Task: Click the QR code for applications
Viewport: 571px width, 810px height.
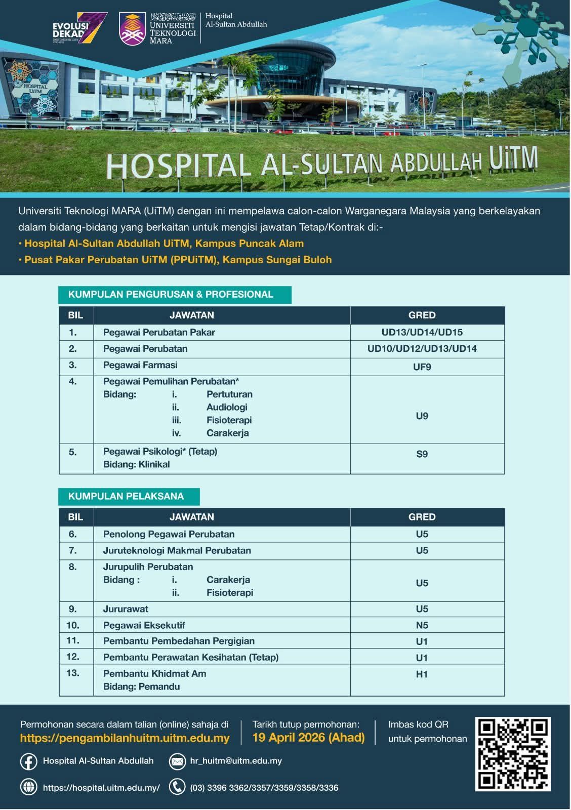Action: pyautogui.click(x=513, y=754)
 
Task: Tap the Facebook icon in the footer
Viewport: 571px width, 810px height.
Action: pyautogui.click(x=28, y=761)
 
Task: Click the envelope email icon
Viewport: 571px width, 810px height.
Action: pyautogui.click(x=177, y=761)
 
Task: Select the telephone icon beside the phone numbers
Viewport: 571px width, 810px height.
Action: pyautogui.click(x=177, y=787)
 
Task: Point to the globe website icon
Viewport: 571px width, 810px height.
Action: pyautogui.click(x=28, y=787)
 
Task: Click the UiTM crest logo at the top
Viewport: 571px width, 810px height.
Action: pyautogui.click(x=132, y=28)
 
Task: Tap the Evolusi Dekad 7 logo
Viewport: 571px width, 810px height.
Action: pyautogui.click(x=80, y=28)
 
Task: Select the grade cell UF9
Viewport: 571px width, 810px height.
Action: pyautogui.click(x=422, y=367)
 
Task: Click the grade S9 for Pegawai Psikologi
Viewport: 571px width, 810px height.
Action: pyautogui.click(x=422, y=454)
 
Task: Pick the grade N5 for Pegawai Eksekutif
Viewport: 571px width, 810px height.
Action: pyautogui.click(x=422, y=625)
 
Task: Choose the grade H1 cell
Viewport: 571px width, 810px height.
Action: pyautogui.click(x=422, y=674)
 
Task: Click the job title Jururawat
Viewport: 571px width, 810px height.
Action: pyautogui.click(x=126, y=609)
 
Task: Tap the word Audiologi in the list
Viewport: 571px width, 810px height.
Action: pyautogui.click(x=227, y=407)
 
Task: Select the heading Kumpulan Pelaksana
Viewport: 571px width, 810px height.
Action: pyautogui.click(x=126, y=496)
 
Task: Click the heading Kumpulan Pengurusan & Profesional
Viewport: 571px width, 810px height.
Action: pyautogui.click(x=171, y=294)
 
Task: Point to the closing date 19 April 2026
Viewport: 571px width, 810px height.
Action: pyautogui.click(x=308, y=737)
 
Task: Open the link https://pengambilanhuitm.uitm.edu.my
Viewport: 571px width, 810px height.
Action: pyautogui.click(x=125, y=738)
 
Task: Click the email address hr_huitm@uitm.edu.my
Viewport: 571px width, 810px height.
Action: pyautogui.click(x=236, y=761)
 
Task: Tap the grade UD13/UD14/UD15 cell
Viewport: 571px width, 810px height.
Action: pyautogui.click(x=422, y=333)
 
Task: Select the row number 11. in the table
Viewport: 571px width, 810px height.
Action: pyautogui.click(x=73, y=640)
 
